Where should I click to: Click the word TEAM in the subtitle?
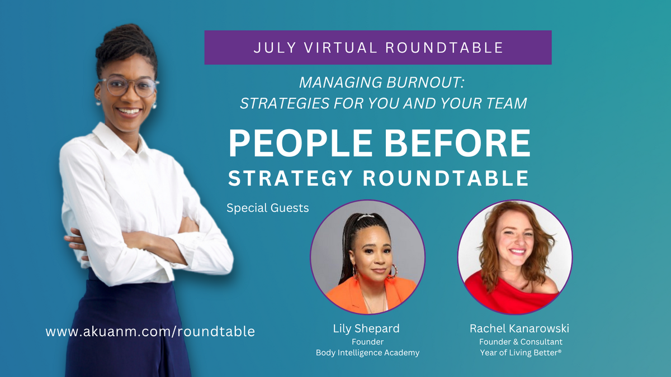point(506,103)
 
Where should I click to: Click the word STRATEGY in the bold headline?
point(290,178)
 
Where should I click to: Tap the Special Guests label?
point(267,208)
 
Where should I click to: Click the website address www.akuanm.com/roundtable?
point(150,332)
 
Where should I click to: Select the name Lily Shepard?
point(366,329)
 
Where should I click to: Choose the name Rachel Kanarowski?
point(519,328)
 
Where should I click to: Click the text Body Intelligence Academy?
point(367,353)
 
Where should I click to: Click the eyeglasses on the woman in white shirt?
point(128,86)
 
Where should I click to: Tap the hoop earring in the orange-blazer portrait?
point(393,271)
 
